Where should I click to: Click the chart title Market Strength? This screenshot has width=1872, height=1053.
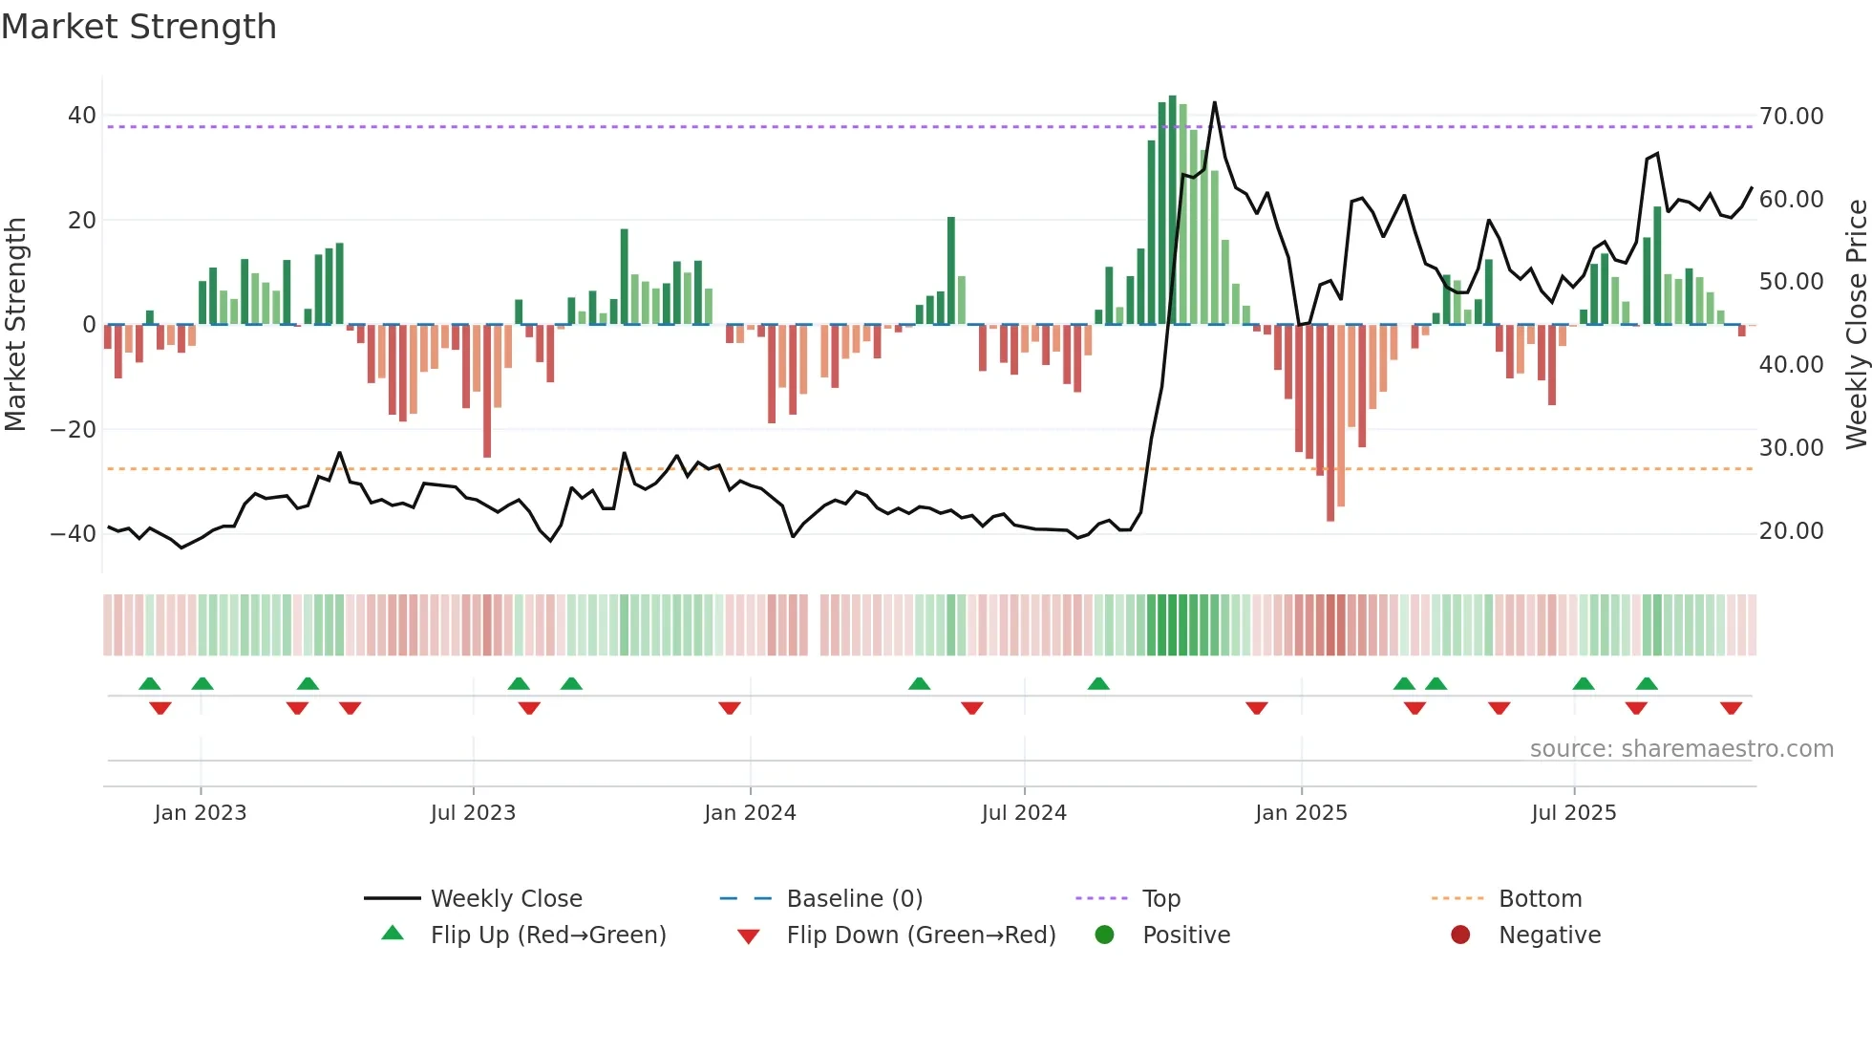[x=138, y=27]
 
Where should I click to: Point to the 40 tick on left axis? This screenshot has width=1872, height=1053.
[x=81, y=116]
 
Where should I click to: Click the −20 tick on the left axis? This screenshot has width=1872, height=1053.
[x=74, y=430]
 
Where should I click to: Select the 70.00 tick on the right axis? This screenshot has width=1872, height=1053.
[x=1791, y=117]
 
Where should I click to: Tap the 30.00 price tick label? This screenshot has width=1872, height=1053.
[x=1791, y=448]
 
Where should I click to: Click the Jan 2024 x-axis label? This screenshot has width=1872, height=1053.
[x=750, y=813]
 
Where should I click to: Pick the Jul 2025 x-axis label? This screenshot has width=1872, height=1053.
[x=1573, y=813]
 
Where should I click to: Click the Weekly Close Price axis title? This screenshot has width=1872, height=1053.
[x=1856, y=325]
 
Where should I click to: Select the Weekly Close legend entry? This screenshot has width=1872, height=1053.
[x=506, y=899]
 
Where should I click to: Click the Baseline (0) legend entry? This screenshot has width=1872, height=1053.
[x=854, y=899]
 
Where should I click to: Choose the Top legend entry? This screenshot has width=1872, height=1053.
[x=1161, y=899]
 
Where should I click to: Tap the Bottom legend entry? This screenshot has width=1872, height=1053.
[x=1540, y=899]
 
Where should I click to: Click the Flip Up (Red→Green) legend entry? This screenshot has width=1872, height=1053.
[x=547, y=935]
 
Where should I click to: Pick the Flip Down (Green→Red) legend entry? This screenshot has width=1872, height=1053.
[x=921, y=935]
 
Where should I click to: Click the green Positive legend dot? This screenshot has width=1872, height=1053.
[x=1105, y=935]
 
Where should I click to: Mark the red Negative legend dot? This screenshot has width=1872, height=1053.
[x=1460, y=935]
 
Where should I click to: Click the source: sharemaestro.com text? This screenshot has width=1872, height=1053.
[x=1681, y=749]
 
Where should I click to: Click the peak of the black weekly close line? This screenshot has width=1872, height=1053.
[x=1215, y=102]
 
